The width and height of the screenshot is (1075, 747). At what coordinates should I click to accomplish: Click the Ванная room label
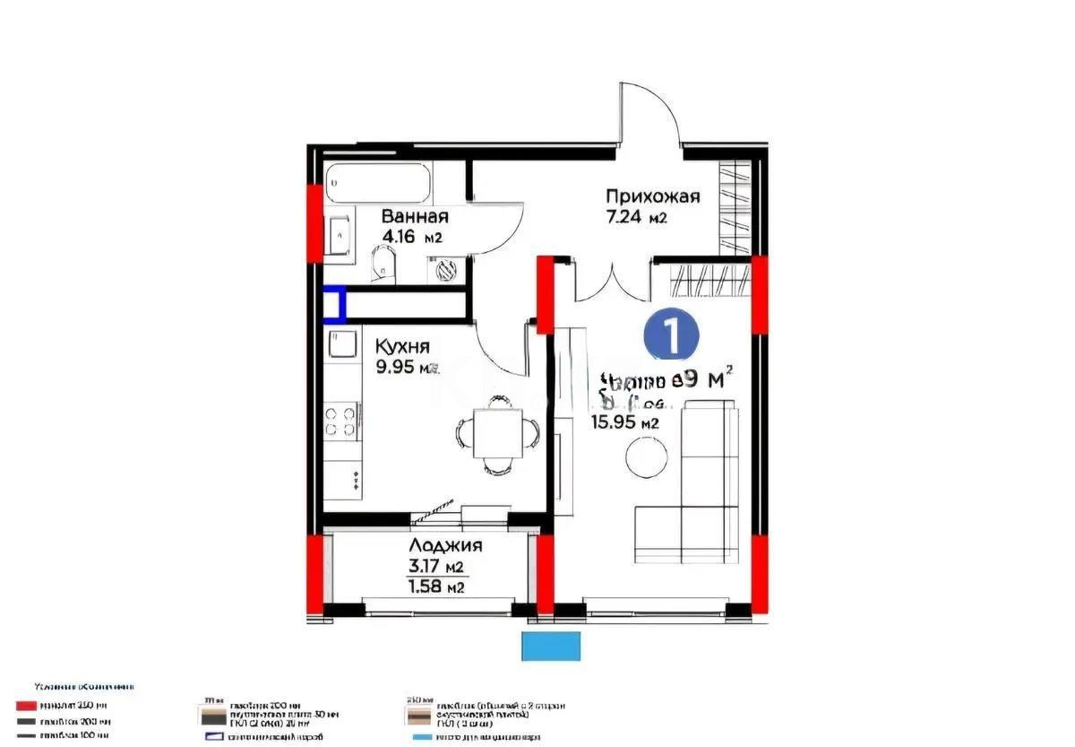tap(415, 216)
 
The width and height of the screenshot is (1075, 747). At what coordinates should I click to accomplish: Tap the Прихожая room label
tap(651, 196)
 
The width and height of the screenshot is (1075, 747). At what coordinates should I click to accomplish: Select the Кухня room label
tap(402, 346)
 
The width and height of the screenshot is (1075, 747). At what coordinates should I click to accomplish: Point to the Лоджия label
tap(445, 545)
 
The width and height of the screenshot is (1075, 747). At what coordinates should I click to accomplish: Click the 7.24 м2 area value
tap(639, 217)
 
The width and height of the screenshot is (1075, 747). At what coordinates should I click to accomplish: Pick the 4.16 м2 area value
tap(413, 237)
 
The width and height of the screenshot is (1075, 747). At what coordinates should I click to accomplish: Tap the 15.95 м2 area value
tap(624, 423)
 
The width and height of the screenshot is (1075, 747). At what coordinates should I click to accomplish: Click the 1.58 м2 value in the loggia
tap(435, 587)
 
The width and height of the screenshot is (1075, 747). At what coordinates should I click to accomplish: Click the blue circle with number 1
tap(672, 334)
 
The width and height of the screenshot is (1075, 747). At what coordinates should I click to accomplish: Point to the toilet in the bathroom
tap(382, 263)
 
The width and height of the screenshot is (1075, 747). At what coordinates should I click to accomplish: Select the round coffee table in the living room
tap(646, 457)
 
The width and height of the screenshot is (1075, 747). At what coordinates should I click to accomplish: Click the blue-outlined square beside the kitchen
tap(333, 304)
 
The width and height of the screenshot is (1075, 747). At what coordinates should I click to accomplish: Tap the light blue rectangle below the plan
tap(551, 646)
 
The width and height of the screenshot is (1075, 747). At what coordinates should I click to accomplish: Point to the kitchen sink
tap(342, 346)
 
